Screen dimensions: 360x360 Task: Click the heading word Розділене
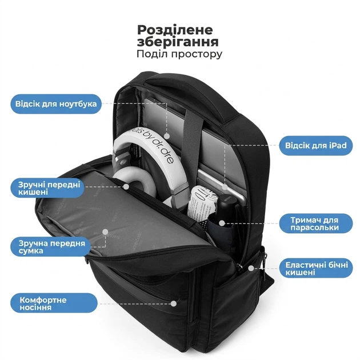(x=175, y=30)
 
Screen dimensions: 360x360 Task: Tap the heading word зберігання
(x=178, y=42)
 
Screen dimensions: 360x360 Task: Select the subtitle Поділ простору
(x=179, y=54)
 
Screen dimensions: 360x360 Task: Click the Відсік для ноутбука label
(x=56, y=104)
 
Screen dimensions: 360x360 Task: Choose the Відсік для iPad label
(x=315, y=146)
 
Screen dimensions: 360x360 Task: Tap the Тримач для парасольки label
(x=315, y=223)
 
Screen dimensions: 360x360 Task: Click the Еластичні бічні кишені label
(x=315, y=269)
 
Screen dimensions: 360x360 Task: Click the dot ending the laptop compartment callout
(x=167, y=136)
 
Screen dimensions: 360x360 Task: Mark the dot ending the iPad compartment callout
(x=225, y=187)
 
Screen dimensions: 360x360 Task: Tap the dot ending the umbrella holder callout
(x=222, y=223)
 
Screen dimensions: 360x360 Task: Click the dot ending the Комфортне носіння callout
(x=174, y=303)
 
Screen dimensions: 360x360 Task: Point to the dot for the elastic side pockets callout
(x=251, y=268)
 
